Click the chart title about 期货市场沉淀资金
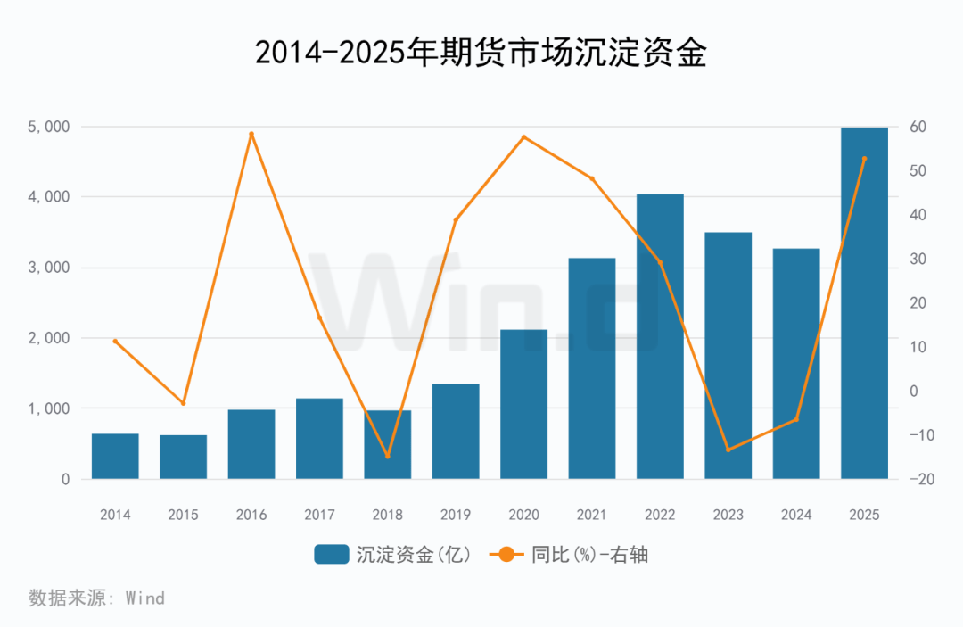pyautogui.click(x=481, y=54)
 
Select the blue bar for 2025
pyautogui.click(x=864, y=303)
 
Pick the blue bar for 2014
pyautogui.click(x=115, y=457)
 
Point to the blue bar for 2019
pyautogui.click(x=456, y=432)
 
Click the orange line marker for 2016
pyautogui.click(x=251, y=135)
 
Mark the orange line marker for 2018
pyautogui.click(x=387, y=456)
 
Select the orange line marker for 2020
pyautogui.click(x=523, y=137)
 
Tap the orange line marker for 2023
pyautogui.click(x=728, y=450)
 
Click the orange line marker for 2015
pyautogui.click(x=184, y=403)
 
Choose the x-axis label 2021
pyautogui.click(x=591, y=515)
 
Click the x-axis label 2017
pyautogui.click(x=319, y=515)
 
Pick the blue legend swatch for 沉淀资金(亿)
pyautogui.click(x=331, y=555)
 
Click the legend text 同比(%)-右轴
pyautogui.click(x=589, y=555)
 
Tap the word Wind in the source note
pyautogui.click(x=144, y=598)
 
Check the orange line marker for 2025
pyautogui.click(x=864, y=159)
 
